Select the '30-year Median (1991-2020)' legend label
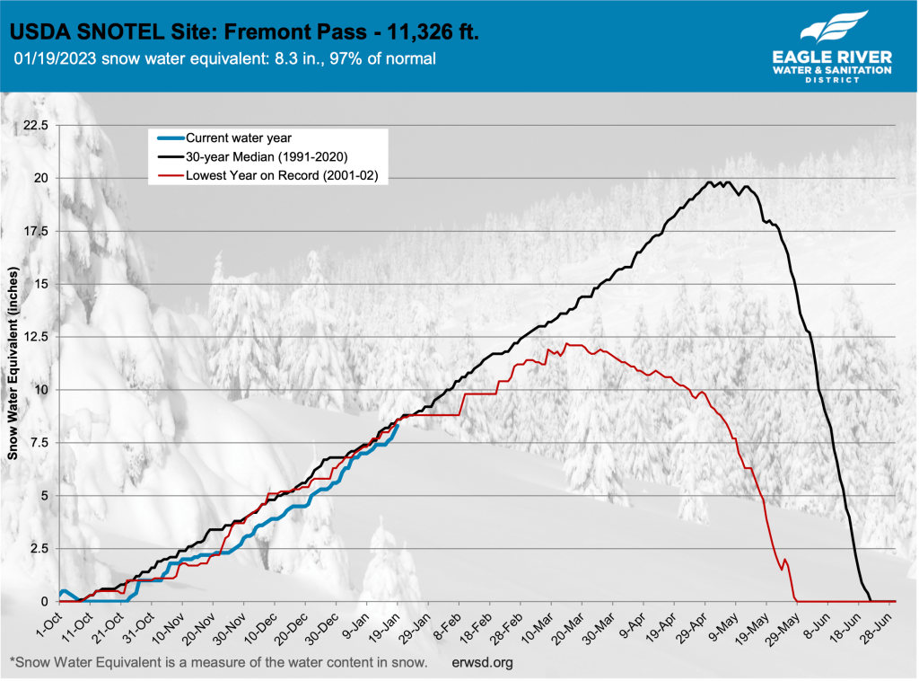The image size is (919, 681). (266, 157)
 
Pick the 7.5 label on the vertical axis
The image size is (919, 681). (39, 443)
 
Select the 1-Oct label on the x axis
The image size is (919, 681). (46, 623)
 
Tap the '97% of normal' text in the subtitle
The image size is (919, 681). (392, 60)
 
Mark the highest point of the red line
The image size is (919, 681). (565, 343)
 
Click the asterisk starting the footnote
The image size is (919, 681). (12, 662)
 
